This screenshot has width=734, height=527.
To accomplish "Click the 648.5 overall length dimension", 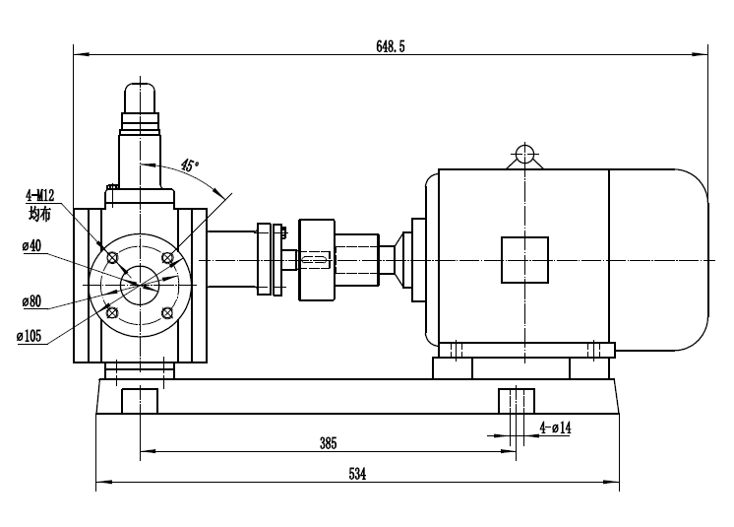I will [391, 45].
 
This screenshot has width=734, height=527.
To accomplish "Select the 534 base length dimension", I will [357, 474].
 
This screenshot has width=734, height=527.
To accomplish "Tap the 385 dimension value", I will [329, 443].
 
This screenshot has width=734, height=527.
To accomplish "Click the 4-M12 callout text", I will [39, 196].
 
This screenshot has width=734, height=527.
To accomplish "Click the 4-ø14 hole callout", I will [557, 428].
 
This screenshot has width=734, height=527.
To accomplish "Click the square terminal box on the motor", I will [523, 260].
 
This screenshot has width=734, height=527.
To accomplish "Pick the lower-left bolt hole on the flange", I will [112, 312].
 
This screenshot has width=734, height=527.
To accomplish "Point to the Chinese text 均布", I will [39, 213].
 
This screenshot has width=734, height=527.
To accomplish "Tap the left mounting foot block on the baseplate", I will [140, 401].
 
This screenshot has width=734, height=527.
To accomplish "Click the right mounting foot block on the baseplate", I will [516, 401].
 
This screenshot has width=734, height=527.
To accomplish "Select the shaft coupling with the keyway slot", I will [316, 260].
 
